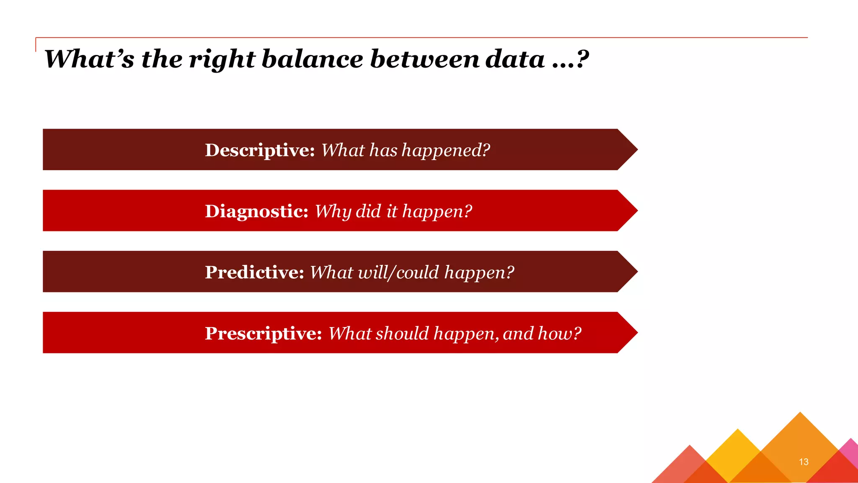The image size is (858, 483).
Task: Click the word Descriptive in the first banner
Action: [x=259, y=150]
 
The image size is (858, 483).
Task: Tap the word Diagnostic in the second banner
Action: [x=256, y=211]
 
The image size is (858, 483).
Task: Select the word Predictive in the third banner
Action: [x=254, y=272]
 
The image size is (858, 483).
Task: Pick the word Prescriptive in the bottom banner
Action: [x=263, y=333]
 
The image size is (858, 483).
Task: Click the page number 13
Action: [x=803, y=462]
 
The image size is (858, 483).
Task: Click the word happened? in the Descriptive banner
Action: [x=446, y=151]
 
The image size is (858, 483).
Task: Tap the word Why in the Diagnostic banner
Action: [x=332, y=212]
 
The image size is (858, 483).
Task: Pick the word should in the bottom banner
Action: [x=402, y=333]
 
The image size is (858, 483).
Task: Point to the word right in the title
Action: [x=222, y=60]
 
